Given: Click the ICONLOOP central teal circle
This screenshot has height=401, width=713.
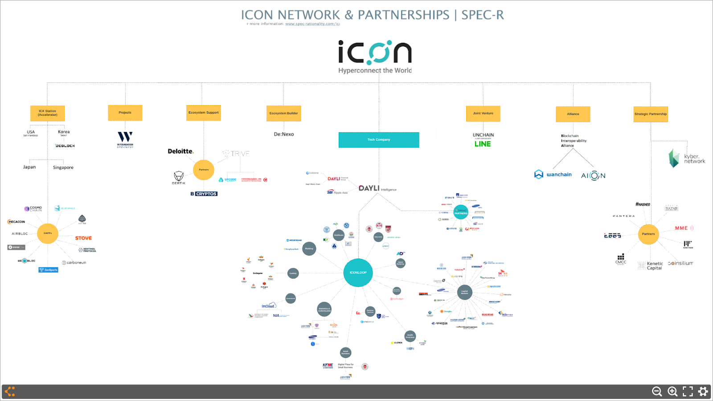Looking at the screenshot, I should (358, 272).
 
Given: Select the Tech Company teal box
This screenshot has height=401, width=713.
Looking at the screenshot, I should (379, 140).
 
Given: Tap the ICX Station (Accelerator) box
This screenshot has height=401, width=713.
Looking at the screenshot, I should (48, 113).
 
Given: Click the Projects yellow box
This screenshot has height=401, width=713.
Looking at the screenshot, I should (125, 113).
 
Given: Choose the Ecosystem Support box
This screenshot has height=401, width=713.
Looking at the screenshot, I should (204, 113).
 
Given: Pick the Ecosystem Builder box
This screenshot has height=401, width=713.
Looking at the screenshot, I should (284, 113).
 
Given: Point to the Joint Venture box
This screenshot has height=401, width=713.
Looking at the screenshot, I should (483, 113).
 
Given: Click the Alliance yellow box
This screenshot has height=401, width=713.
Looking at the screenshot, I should (573, 114).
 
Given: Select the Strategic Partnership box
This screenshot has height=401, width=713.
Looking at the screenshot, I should (651, 114).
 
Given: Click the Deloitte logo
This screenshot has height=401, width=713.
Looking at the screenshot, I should (180, 151).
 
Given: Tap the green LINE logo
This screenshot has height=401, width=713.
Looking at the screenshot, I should (483, 144).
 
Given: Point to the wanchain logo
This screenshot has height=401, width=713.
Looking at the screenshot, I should (553, 175).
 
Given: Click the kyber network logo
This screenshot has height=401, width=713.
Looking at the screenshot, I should (687, 159).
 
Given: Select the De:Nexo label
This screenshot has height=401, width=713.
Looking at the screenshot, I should (284, 134).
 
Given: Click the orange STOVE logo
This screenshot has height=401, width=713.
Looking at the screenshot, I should (83, 238).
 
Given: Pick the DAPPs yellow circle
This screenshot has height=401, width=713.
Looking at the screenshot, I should (48, 233).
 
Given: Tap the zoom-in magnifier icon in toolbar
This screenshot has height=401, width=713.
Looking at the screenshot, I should (672, 391).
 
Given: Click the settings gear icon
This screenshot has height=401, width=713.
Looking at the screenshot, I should (703, 391).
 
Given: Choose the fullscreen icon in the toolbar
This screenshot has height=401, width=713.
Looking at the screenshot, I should (688, 391).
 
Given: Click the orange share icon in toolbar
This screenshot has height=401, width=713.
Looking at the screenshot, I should (10, 391).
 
